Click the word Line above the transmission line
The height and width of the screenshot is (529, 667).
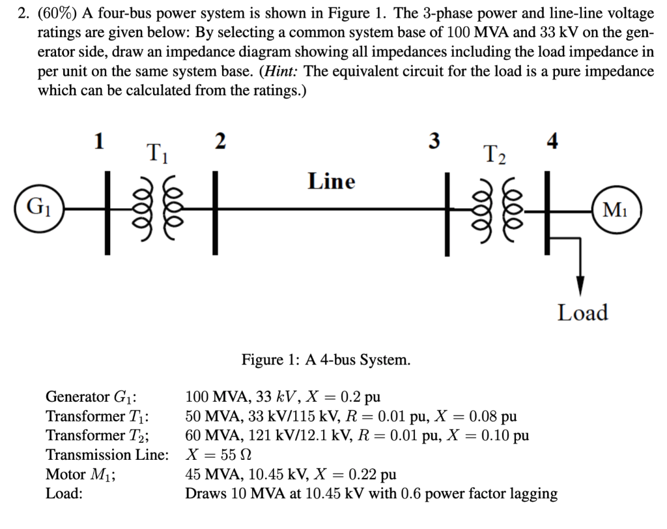click(331, 181)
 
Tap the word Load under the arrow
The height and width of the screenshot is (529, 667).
click(582, 312)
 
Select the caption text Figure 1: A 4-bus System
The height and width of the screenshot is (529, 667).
click(326, 359)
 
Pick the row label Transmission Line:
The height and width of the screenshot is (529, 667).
click(107, 455)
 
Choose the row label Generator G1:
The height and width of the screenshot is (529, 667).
click(95, 397)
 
